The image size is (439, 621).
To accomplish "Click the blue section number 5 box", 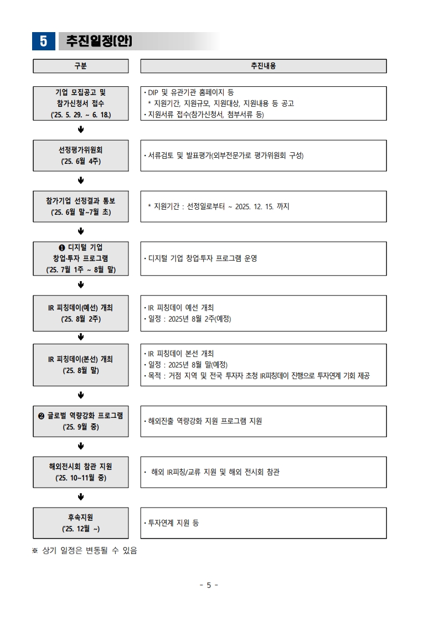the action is coord(44,41).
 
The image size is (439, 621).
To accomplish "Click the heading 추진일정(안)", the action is coord(99,41).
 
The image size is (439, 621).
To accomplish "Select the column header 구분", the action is coord(81,66).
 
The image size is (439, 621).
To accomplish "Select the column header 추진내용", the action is coord(264,66).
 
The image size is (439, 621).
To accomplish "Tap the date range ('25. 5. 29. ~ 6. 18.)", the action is coord(81,115).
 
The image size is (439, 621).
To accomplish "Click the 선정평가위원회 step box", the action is coord(81,156).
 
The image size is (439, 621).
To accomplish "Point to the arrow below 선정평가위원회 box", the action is coord(81,180).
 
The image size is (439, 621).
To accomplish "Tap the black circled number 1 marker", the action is coord(62,247).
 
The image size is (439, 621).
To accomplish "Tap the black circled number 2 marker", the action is coord(41,416).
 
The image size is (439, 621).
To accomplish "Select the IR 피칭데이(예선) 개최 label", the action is coord(80,308).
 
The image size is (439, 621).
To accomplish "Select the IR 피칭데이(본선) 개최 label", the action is coord(80,359).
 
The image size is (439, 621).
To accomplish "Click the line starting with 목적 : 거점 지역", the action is coord(257,376).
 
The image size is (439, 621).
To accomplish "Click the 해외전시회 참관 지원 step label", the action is coord(81,467).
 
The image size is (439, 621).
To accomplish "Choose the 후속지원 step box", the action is coord(81,523).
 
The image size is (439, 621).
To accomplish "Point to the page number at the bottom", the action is coord(209,585).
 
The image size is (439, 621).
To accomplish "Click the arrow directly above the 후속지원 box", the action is coord(81,497).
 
